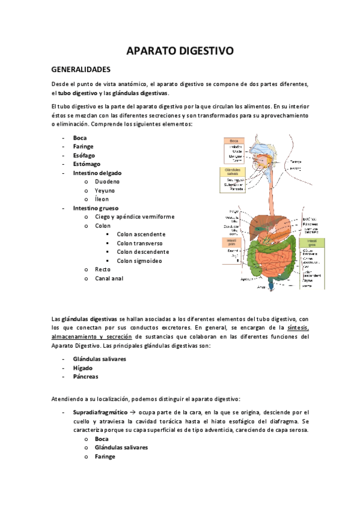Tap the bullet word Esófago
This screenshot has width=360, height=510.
85,155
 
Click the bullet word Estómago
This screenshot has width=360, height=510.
87,164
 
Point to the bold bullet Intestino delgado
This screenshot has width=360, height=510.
97,173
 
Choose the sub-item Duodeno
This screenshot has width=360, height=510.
108,181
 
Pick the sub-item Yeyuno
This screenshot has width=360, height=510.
106,190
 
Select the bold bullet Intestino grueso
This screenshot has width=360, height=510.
96,207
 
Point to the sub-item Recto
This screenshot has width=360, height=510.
103,269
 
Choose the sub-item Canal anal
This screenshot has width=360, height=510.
109,278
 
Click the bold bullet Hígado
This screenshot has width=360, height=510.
83,367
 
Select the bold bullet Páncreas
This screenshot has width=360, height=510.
86,376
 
